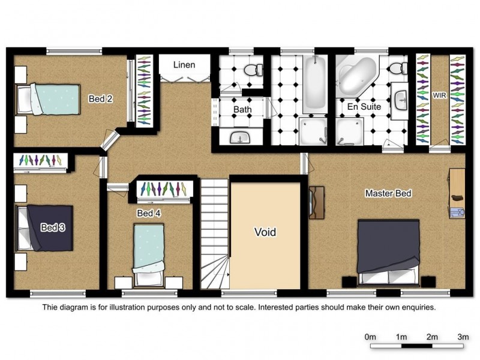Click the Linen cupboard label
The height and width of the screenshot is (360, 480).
[x=184, y=65]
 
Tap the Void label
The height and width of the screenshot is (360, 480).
[x=265, y=232]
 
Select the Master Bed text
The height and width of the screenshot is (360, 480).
[x=388, y=193]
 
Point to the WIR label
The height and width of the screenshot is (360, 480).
[x=439, y=95]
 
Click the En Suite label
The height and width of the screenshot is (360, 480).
[x=364, y=107]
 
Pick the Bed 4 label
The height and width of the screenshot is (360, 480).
[x=149, y=213]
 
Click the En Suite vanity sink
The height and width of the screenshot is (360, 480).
[x=401, y=100]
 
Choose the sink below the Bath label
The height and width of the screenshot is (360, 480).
[x=241, y=137]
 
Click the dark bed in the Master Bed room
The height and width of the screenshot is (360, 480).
[x=388, y=251]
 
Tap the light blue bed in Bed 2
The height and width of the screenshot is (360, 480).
[x=49, y=99]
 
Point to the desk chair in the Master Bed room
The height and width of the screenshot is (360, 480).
[x=457, y=212]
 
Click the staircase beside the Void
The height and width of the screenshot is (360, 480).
[x=215, y=234]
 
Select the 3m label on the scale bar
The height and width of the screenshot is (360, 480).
[x=463, y=337]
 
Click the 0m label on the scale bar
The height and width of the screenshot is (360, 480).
[x=370, y=337]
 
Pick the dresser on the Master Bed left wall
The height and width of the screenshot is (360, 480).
[x=317, y=203]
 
